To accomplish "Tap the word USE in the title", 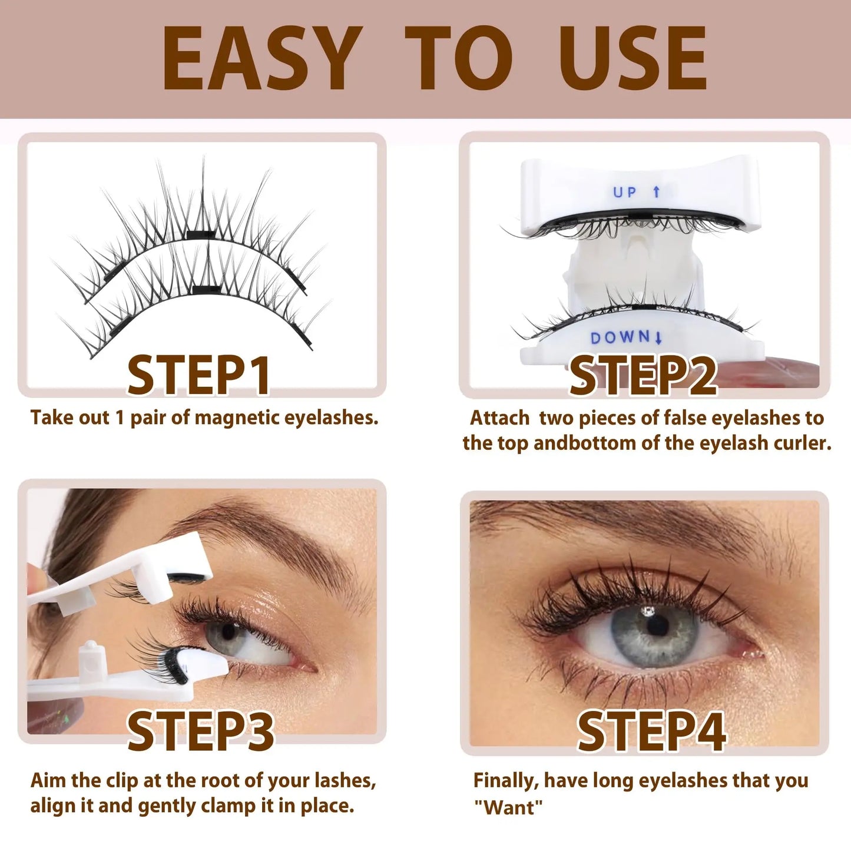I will pyautogui.click(x=633, y=59).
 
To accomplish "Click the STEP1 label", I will pyautogui.click(x=198, y=375).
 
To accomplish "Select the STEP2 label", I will pyautogui.click(x=643, y=375).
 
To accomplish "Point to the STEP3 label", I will pyautogui.click(x=200, y=731).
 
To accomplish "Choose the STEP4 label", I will pyautogui.click(x=651, y=731).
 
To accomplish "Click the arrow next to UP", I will pyautogui.click(x=657, y=191).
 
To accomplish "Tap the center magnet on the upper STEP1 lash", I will pyautogui.click(x=202, y=235).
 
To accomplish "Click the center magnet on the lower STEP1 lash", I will pyautogui.click(x=206, y=289).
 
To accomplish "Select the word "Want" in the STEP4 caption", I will pyautogui.click(x=508, y=807).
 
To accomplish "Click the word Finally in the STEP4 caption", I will pyautogui.click(x=506, y=781).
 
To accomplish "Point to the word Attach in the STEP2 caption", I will pyautogui.click(x=499, y=418).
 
